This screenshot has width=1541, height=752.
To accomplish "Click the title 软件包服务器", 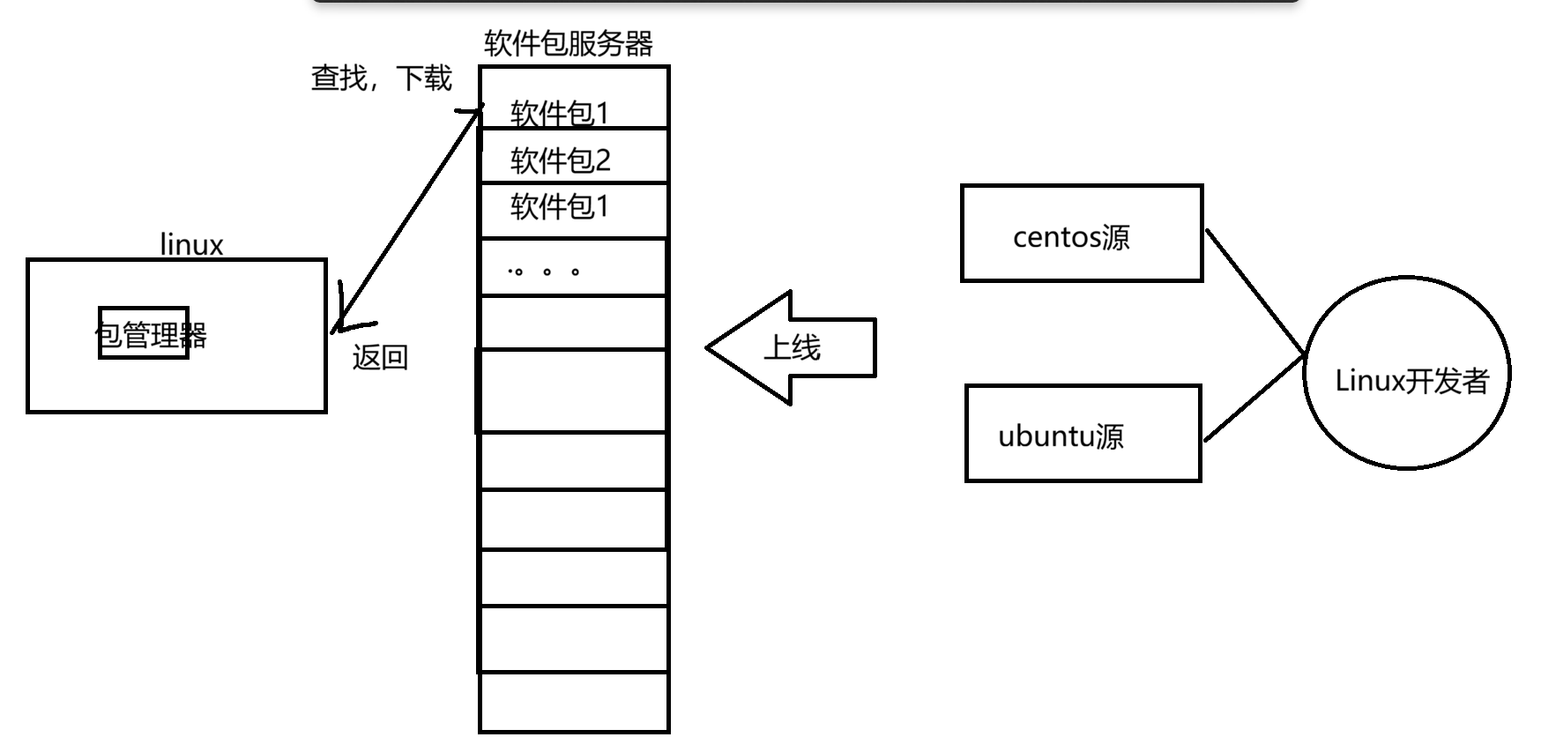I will tap(569, 43).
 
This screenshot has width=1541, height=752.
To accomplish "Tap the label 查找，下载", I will tap(381, 78).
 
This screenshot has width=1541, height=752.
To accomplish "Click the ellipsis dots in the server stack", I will tap(545, 272).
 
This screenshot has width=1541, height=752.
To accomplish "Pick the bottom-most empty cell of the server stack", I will tap(574, 702).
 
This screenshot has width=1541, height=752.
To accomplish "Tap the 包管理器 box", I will tap(144, 333).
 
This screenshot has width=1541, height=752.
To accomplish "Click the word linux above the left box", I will tap(191, 244).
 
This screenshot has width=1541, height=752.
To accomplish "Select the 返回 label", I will tap(380, 357).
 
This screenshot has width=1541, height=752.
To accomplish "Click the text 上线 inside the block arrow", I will tap(792, 347).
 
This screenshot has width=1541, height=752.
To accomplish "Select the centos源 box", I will tap(1082, 234).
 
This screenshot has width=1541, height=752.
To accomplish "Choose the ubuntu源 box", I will tap(1083, 433).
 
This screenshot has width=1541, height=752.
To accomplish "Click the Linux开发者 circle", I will tap(1407, 373).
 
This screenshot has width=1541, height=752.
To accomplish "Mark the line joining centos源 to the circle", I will tap(1254, 292).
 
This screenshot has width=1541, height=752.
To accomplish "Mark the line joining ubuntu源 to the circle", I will tap(1254, 398).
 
